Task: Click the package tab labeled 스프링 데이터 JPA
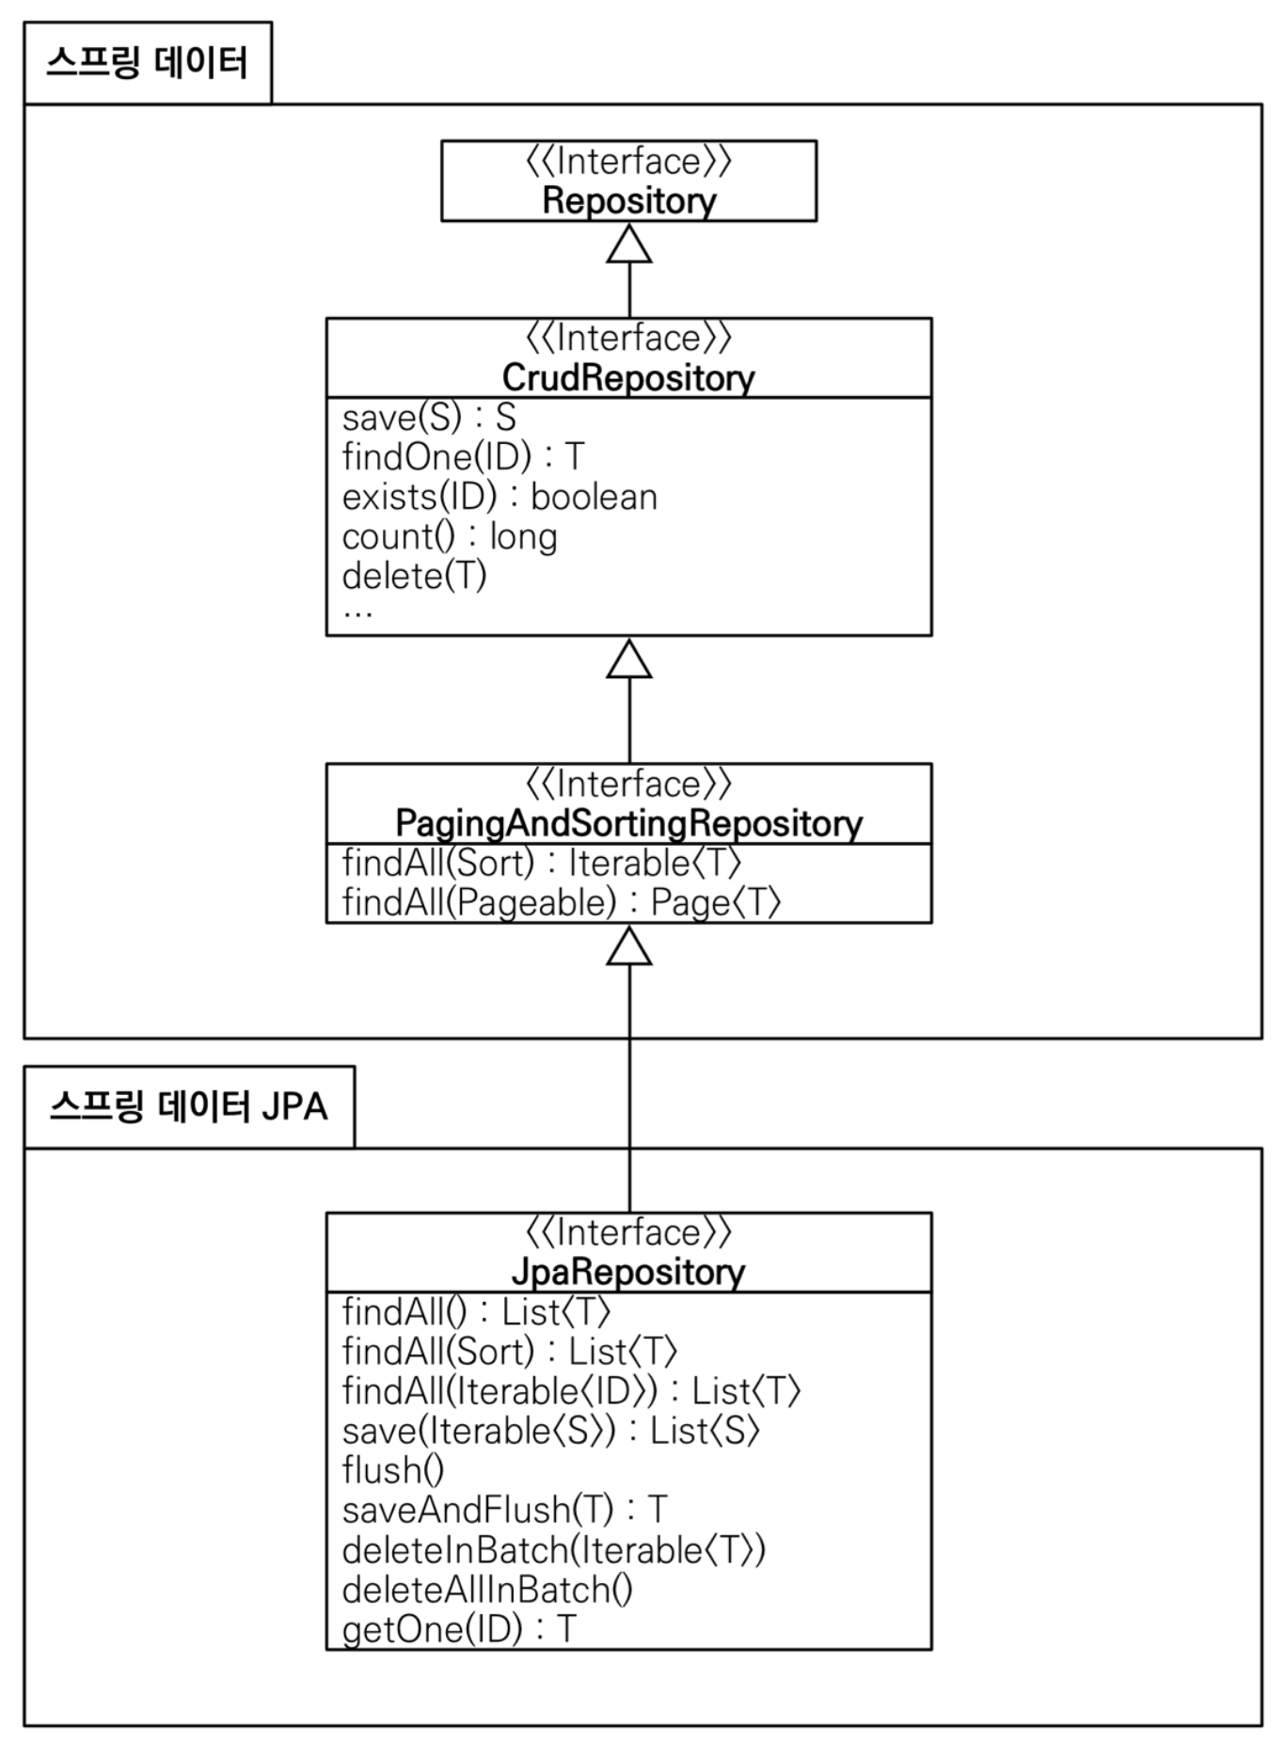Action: click(188, 1106)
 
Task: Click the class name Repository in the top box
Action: click(628, 201)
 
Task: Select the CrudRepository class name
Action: click(628, 378)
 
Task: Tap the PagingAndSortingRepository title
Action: click(628, 824)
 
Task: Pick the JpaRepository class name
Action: click(628, 1272)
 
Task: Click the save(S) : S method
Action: click(429, 418)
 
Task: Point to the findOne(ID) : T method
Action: click(463, 457)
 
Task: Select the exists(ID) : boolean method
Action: click(500, 497)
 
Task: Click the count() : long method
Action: click(450, 537)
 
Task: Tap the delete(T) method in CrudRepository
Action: click(415, 576)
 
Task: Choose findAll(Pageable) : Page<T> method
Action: click(562, 903)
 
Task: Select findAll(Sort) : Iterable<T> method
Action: click(542, 863)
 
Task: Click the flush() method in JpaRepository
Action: click(393, 1470)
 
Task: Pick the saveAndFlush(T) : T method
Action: click(504, 1510)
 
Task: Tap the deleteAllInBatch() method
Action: click(487, 1590)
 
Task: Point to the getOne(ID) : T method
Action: click(459, 1629)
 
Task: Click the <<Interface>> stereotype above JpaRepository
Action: click(628, 1232)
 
